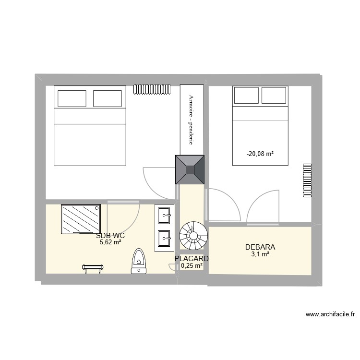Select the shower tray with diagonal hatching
(x=81, y=219)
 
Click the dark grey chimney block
(x=191, y=170)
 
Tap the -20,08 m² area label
(x=260, y=154)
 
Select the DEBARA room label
(x=260, y=247)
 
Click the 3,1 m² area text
(x=260, y=254)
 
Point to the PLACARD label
(x=192, y=258)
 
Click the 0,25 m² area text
(x=192, y=265)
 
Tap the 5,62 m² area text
(x=110, y=242)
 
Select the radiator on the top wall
(x=152, y=89)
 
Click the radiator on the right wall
(x=306, y=180)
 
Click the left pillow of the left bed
(x=72, y=98)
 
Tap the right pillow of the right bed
(x=275, y=96)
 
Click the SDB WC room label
(x=110, y=236)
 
